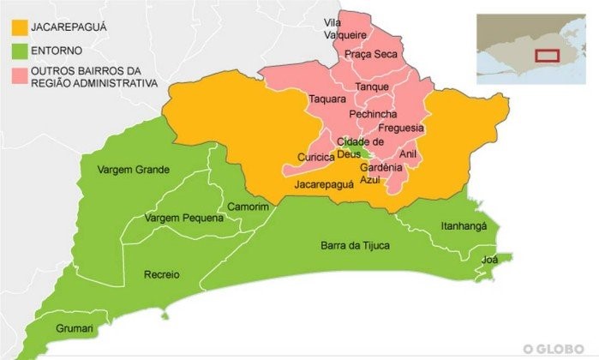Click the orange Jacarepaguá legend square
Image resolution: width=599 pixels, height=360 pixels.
18,28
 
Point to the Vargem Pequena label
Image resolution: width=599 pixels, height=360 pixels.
184,218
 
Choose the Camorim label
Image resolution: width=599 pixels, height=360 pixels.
249,207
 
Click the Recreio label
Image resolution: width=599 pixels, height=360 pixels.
162,275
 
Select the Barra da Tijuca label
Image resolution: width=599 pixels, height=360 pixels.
355,246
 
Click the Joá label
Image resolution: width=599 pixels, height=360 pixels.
490,258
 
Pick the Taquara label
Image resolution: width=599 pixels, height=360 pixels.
326,99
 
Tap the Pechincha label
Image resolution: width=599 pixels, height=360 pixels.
373,114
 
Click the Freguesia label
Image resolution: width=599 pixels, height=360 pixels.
400,128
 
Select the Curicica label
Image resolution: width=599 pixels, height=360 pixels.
314,157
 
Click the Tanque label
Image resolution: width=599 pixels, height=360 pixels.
371,87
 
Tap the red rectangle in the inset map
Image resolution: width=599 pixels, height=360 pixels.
547,55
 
